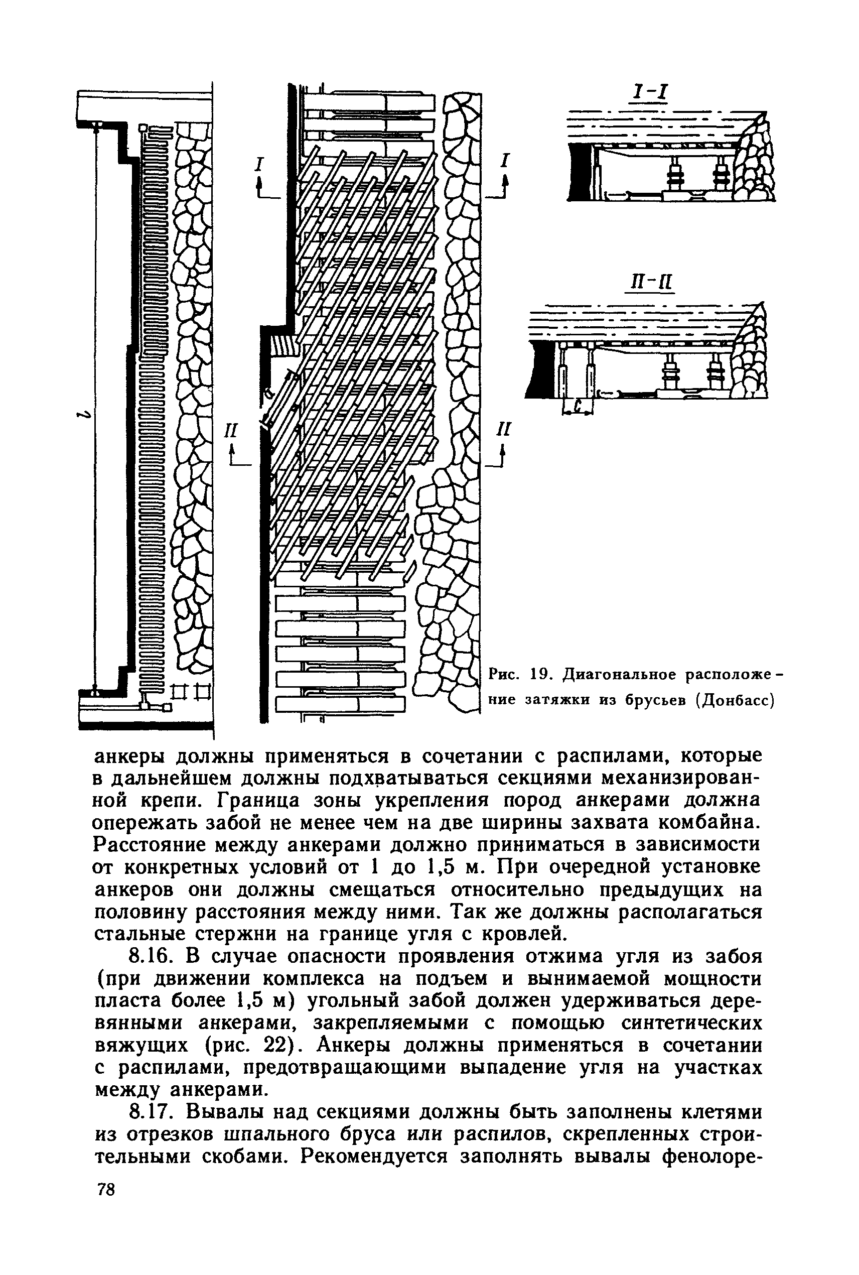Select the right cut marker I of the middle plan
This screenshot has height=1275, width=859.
(505, 161)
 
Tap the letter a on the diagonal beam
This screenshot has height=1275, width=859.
(268, 393)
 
